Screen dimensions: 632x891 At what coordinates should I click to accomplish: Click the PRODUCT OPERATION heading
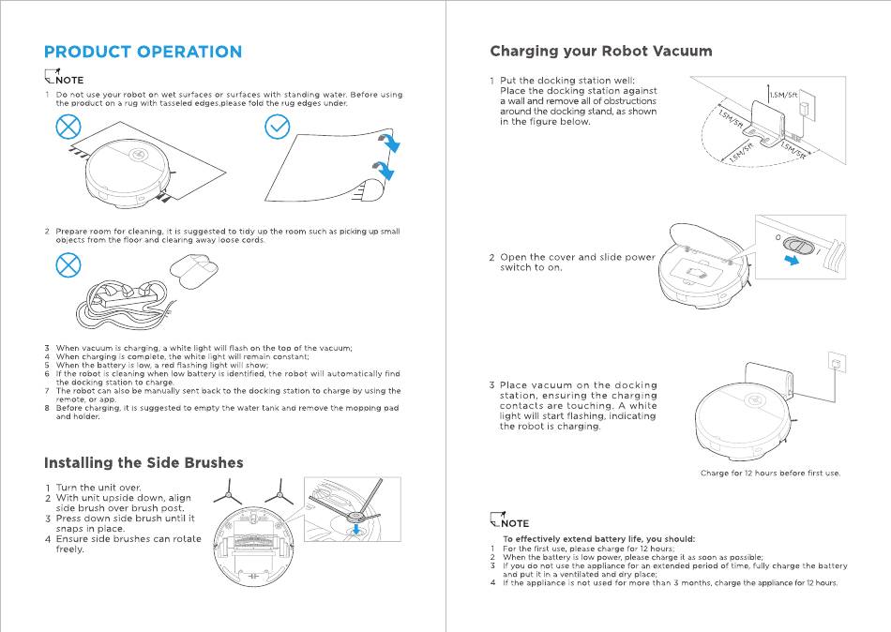tap(143, 53)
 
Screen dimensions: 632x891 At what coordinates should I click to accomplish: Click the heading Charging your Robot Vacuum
tap(600, 51)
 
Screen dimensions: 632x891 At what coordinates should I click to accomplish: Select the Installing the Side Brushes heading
tap(143, 462)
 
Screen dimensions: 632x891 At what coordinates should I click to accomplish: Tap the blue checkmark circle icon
tap(278, 128)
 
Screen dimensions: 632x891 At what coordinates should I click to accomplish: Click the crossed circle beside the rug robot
tap(68, 128)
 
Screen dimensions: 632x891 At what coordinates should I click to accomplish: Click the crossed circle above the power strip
tap(68, 266)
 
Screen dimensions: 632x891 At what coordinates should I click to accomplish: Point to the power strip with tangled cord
tap(127, 300)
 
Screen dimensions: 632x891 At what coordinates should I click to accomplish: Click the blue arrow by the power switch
tap(793, 262)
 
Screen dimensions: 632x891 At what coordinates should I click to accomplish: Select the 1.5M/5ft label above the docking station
tap(782, 96)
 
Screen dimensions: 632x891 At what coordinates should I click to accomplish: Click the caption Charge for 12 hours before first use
tap(769, 474)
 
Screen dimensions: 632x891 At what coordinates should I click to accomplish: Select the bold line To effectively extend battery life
tap(598, 539)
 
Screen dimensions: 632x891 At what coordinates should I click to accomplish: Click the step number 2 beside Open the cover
tap(491, 258)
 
